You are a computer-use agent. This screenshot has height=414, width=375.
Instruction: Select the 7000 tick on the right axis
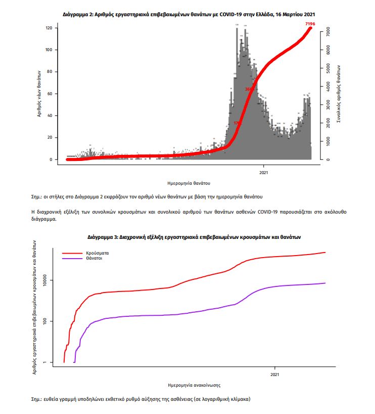[328, 31]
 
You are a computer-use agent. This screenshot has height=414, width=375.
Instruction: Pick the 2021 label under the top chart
[264, 172]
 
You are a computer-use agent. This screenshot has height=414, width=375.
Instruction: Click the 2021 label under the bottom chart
[275, 375]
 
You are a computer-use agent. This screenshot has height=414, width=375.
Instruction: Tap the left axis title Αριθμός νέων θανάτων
[39, 94]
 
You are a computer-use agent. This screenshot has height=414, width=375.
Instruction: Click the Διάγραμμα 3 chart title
[187, 236]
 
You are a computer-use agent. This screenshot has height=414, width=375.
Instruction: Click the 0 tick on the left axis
[51, 159]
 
